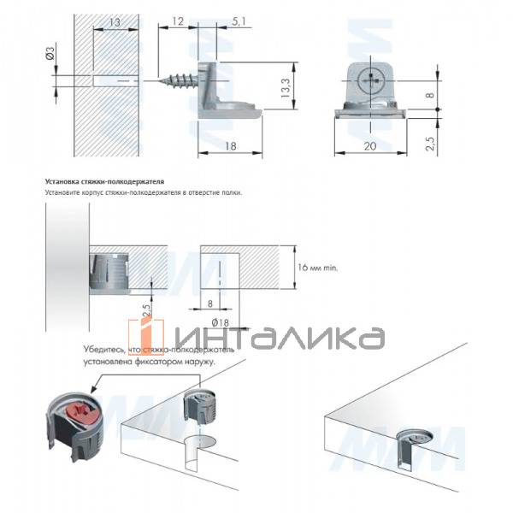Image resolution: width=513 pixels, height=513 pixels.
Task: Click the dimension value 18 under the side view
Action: pyautogui.click(x=232, y=146)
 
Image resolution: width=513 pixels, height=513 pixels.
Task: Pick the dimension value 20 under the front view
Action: pyautogui.click(x=370, y=146)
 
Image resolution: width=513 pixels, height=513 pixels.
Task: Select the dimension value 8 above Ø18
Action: pyautogui.click(x=209, y=301)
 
